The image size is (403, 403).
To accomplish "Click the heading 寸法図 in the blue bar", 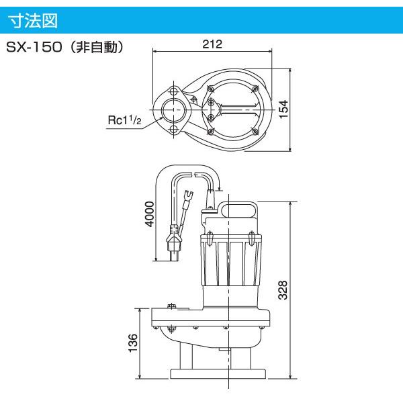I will coord(33,20).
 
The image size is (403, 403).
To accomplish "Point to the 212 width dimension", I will coord(212,44).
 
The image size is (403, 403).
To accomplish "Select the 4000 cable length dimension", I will coord(150,214).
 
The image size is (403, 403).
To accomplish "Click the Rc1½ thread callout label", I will coord(124,120).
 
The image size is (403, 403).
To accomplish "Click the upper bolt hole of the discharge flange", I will coord(174,89).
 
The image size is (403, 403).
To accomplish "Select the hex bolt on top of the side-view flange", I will coord(171,308).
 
